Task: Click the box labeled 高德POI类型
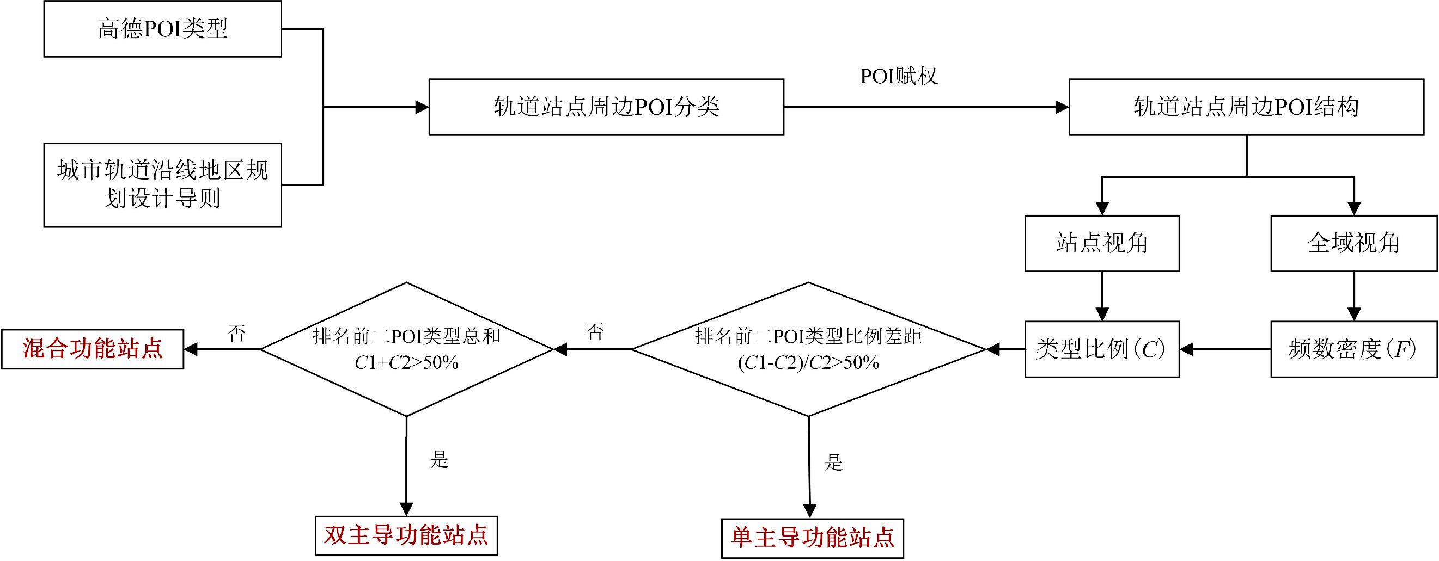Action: pos(162,29)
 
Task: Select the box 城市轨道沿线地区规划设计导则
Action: pos(162,185)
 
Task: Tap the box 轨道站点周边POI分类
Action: pos(606,107)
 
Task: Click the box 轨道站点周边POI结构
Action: pos(1246,107)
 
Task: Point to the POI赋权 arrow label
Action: pos(898,77)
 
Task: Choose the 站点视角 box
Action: pos(1102,243)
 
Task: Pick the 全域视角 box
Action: pos(1353,243)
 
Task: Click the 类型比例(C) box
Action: pos(1102,349)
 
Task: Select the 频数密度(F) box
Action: pos(1353,349)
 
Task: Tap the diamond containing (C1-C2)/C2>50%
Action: pos(808,349)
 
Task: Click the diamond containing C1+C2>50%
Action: pos(407,349)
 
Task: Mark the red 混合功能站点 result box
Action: pos(93,349)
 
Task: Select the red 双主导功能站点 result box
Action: pos(406,535)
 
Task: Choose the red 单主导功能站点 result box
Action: pos(812,538)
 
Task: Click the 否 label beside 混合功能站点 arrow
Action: pos(236,334)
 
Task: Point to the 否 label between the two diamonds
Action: pos(595,332)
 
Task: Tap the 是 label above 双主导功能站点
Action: pos(439,460)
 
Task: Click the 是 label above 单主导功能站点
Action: pos(833,462)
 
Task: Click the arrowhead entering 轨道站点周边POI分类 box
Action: pos(422,107)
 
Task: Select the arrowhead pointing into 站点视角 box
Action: pos(1102,208)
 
